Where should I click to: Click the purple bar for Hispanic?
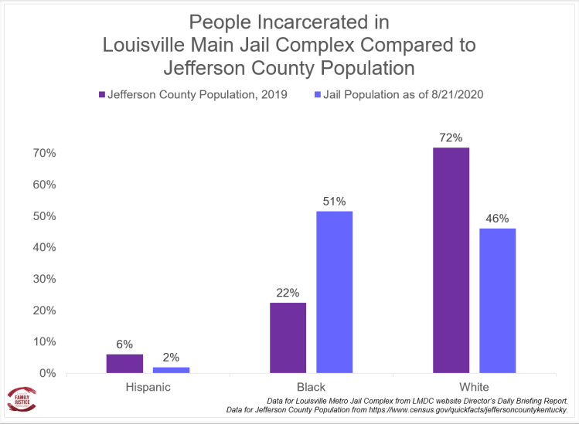pos(124,364)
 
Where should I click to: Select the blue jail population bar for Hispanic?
pos(171,370)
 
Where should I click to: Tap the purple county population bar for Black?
pos(288,338)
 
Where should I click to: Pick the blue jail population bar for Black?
pos(334,292)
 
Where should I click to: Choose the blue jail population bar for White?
pos(497,300)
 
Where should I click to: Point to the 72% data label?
pos(451,138)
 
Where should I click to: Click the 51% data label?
pos(334,202)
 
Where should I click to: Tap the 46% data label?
pos(497,219)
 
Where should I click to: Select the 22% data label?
pos(288,293)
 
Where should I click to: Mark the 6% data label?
pos(124,344)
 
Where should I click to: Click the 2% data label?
pos(171,357)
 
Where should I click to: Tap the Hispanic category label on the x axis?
pos(148,386)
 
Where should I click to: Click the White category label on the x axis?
pos(474,386)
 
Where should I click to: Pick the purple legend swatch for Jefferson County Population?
pos(101,95)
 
